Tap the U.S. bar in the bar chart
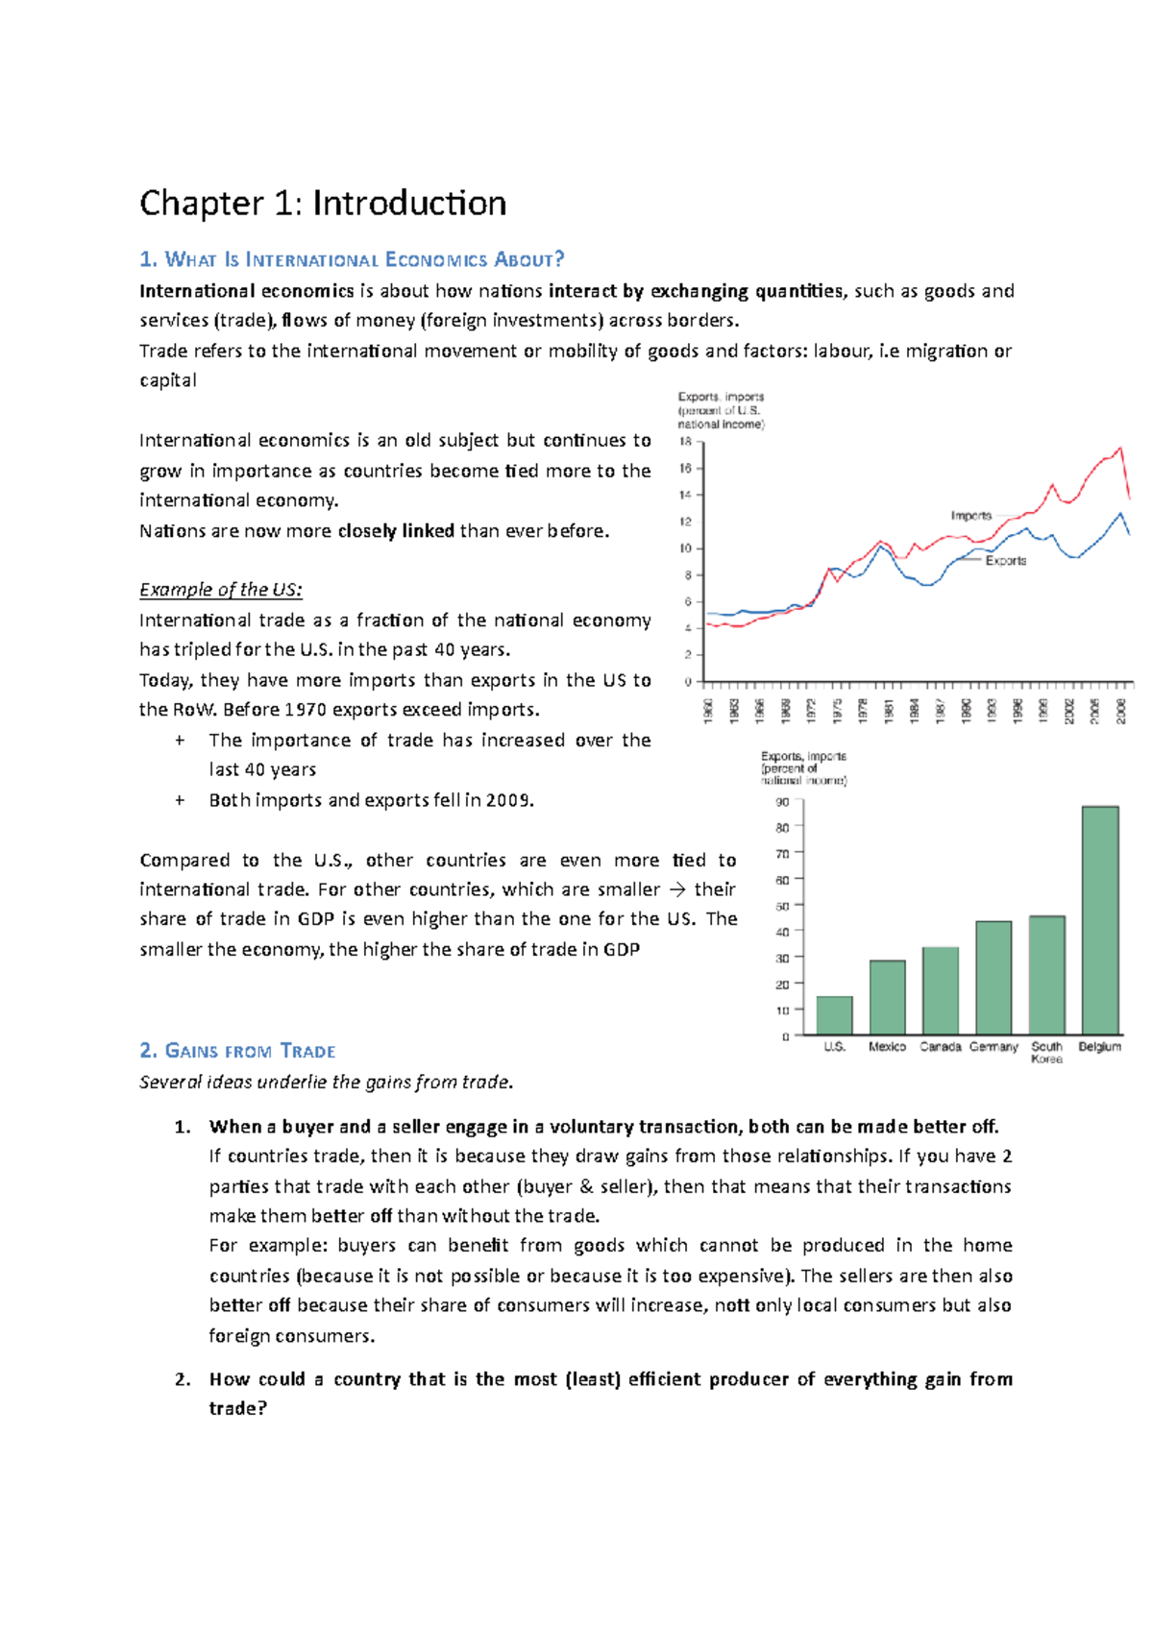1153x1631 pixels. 834,1015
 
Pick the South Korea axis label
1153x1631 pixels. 1046,1052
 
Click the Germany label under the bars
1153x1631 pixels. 993,1047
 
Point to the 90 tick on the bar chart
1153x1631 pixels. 782,802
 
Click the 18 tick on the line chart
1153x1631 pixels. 685,442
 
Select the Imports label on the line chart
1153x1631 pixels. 970,516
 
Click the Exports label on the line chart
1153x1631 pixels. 1005,561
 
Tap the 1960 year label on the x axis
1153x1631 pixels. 708,711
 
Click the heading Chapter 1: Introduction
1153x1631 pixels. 323,204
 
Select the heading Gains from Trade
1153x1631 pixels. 237,1051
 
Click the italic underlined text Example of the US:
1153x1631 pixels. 220,590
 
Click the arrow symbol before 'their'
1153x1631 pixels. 677,889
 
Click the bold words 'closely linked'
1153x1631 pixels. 396,531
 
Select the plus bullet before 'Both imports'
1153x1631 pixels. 180,800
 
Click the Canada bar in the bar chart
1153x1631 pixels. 940,990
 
